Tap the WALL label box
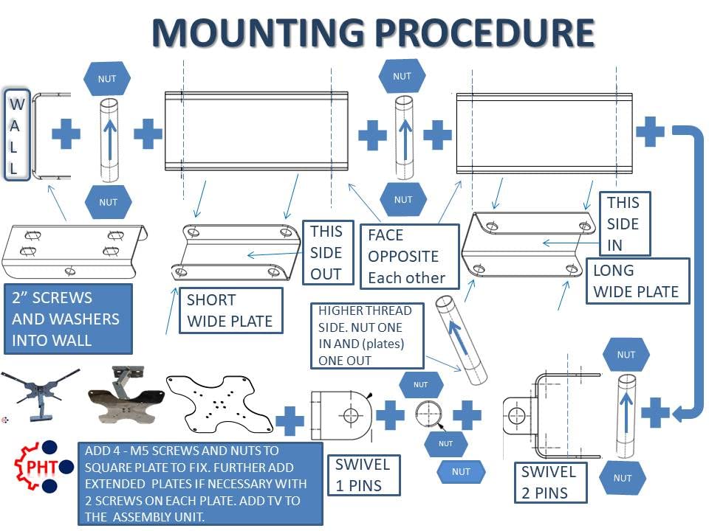tap(17, 136)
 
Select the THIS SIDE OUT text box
tap(326, 252)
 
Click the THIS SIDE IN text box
tap(623, 223)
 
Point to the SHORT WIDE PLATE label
tap(230, 310)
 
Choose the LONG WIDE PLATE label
tap(636, 281)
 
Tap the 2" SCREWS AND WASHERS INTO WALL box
tap(67, 319)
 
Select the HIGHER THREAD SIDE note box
tap(367, 335)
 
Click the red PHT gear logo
tap(34, 466)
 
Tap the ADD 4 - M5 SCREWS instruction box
tap(199, 483)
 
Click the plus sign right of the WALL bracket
tap(66, 134)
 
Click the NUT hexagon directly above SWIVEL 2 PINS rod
tap(626, 355)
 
